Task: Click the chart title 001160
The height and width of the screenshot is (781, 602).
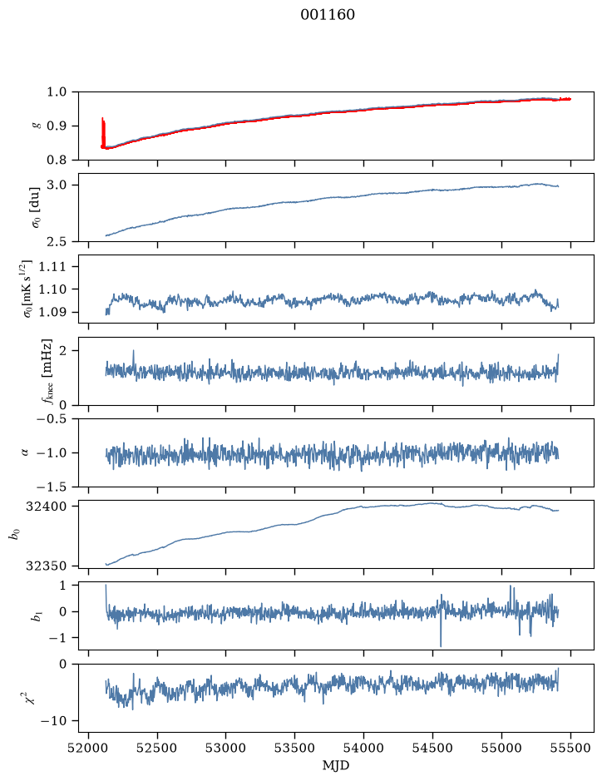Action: coord(328,15)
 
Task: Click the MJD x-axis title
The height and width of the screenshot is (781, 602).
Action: coord(336,765)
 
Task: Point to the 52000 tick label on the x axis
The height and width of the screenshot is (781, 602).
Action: coord(89,748)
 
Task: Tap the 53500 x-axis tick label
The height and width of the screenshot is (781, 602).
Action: coord(295,748)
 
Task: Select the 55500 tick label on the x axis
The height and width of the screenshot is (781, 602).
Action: coord(570,748)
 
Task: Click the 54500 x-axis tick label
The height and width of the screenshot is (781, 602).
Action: coord(432,748)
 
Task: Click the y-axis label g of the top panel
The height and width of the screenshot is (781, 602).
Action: coord(36,126)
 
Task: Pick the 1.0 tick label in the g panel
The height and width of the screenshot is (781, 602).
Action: coord(57,92)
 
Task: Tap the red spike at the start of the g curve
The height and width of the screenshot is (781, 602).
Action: coord(103,133)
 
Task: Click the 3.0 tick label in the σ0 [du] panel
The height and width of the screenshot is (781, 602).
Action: coord(57,185)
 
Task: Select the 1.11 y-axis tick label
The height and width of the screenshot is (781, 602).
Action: coord(52,266)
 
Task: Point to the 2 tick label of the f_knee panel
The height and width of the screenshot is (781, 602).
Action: coord(62,351)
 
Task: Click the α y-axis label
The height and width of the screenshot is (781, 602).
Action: coord(25,452)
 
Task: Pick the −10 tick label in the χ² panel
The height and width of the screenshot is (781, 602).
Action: coord(55,721)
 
